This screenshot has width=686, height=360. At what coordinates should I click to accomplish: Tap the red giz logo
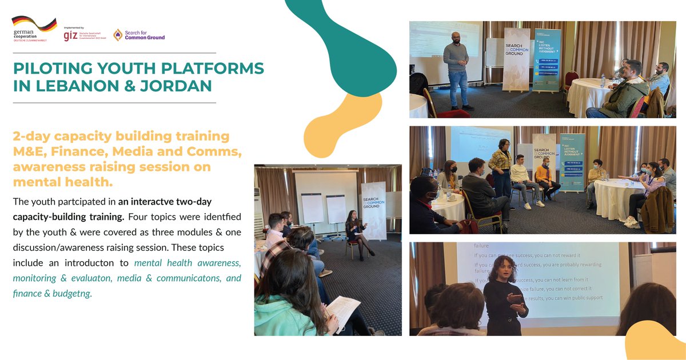click(x=71, y=35)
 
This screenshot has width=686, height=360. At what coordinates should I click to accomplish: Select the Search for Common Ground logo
click(x=138, y=35)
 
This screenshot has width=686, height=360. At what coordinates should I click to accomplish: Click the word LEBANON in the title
click(x=62, y=86)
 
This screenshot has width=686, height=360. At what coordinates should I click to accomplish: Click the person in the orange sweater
click(x=545, y=177)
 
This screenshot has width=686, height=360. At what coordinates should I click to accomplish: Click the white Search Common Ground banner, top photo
click(x=516, y=60)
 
